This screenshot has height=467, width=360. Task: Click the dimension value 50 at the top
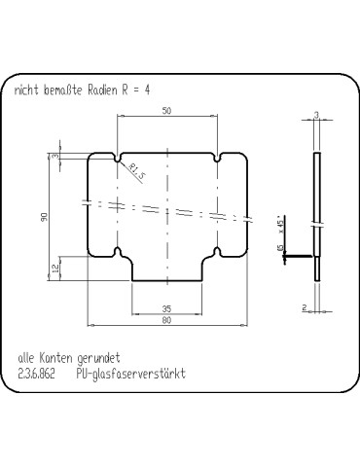point(167,111)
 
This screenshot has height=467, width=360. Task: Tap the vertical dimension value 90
point(45,217)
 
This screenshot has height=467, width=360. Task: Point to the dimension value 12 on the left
point(56,267)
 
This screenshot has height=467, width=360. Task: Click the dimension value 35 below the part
point(167,308)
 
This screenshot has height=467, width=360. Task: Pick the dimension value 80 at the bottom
point(167,320)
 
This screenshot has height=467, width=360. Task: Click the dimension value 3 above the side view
point(317,115)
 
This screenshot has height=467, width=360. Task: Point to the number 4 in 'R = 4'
point(147,89)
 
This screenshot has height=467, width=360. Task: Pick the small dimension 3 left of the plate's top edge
point(56,156)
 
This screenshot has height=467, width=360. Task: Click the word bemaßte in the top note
point(61,89)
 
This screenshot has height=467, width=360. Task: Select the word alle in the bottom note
point(25,358)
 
